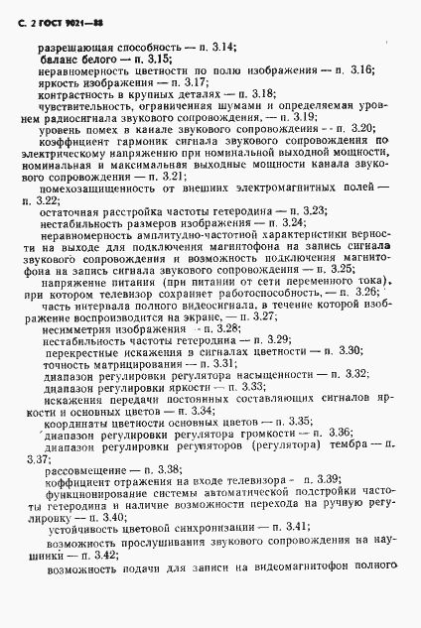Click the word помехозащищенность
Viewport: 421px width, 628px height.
click(95, 189)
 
